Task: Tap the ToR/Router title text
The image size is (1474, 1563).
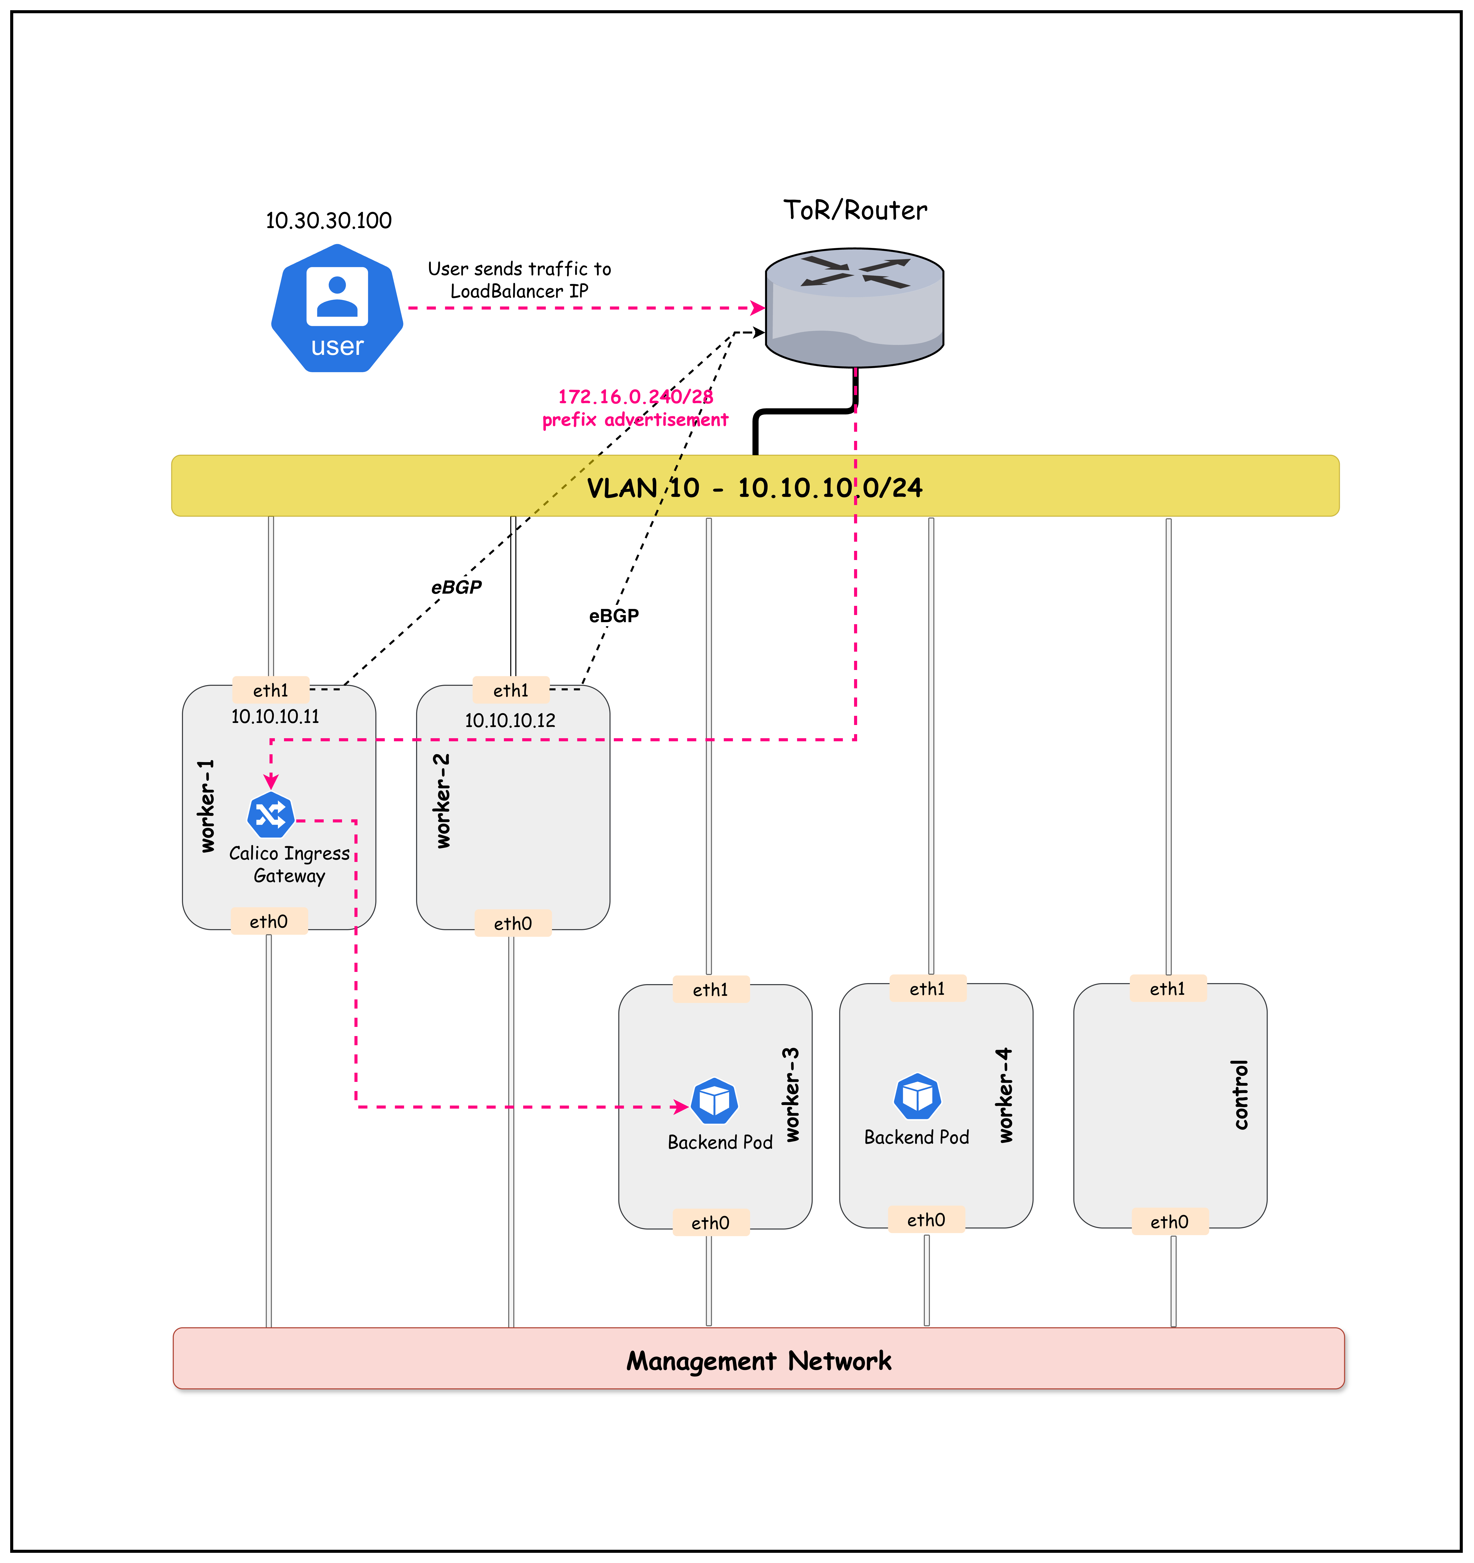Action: coord(855,211)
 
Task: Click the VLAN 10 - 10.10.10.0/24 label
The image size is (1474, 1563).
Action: coord(755,487)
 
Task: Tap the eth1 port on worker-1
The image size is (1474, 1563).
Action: coord(271,690)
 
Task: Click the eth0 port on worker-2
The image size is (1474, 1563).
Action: coord(513,923)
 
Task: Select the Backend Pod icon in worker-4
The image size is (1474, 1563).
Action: coord(917,1096)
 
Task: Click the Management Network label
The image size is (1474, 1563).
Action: coord(759,1361)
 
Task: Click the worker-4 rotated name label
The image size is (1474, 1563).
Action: coord(1005,1095)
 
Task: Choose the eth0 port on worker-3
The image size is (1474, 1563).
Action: coord(710,1223)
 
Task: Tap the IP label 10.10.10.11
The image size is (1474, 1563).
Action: coord(275,716)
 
